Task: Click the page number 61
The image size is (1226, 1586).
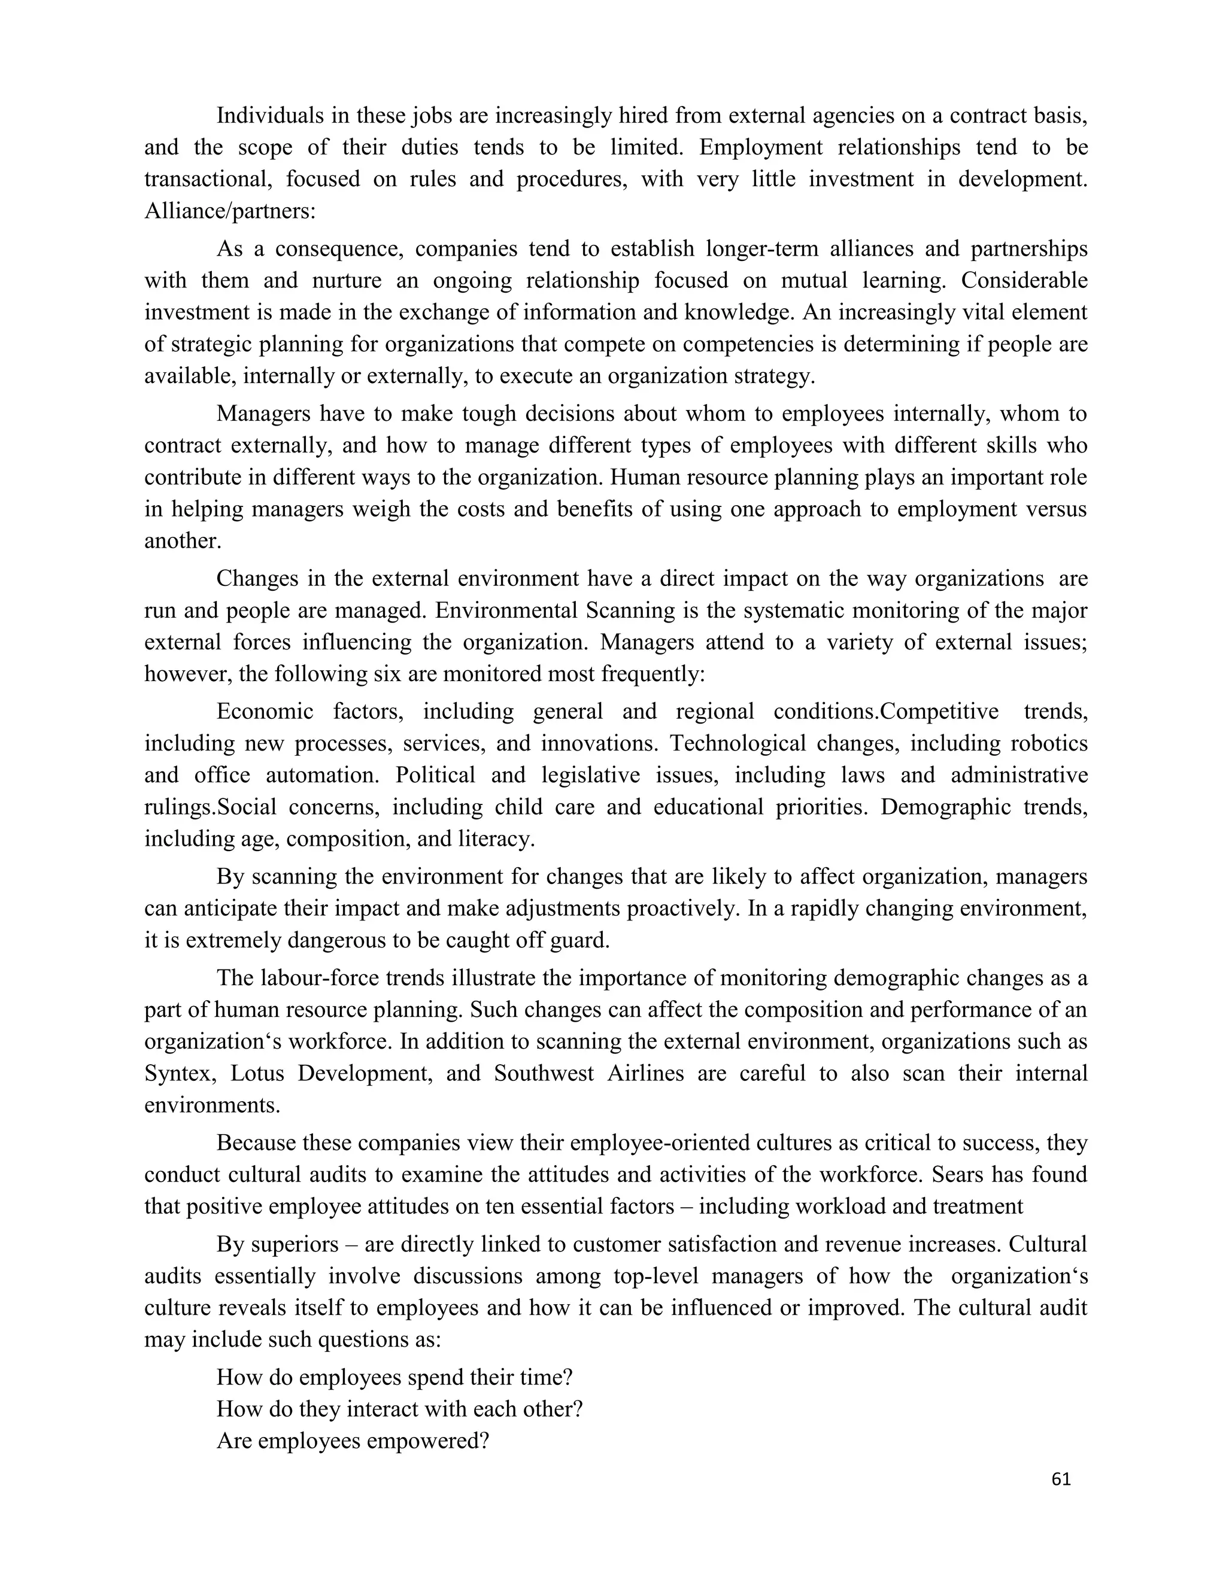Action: coord(1060,1479)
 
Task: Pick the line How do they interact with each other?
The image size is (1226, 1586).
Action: coord(399,1409)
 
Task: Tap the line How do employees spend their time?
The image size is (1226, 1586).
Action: coord(394,1377)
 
